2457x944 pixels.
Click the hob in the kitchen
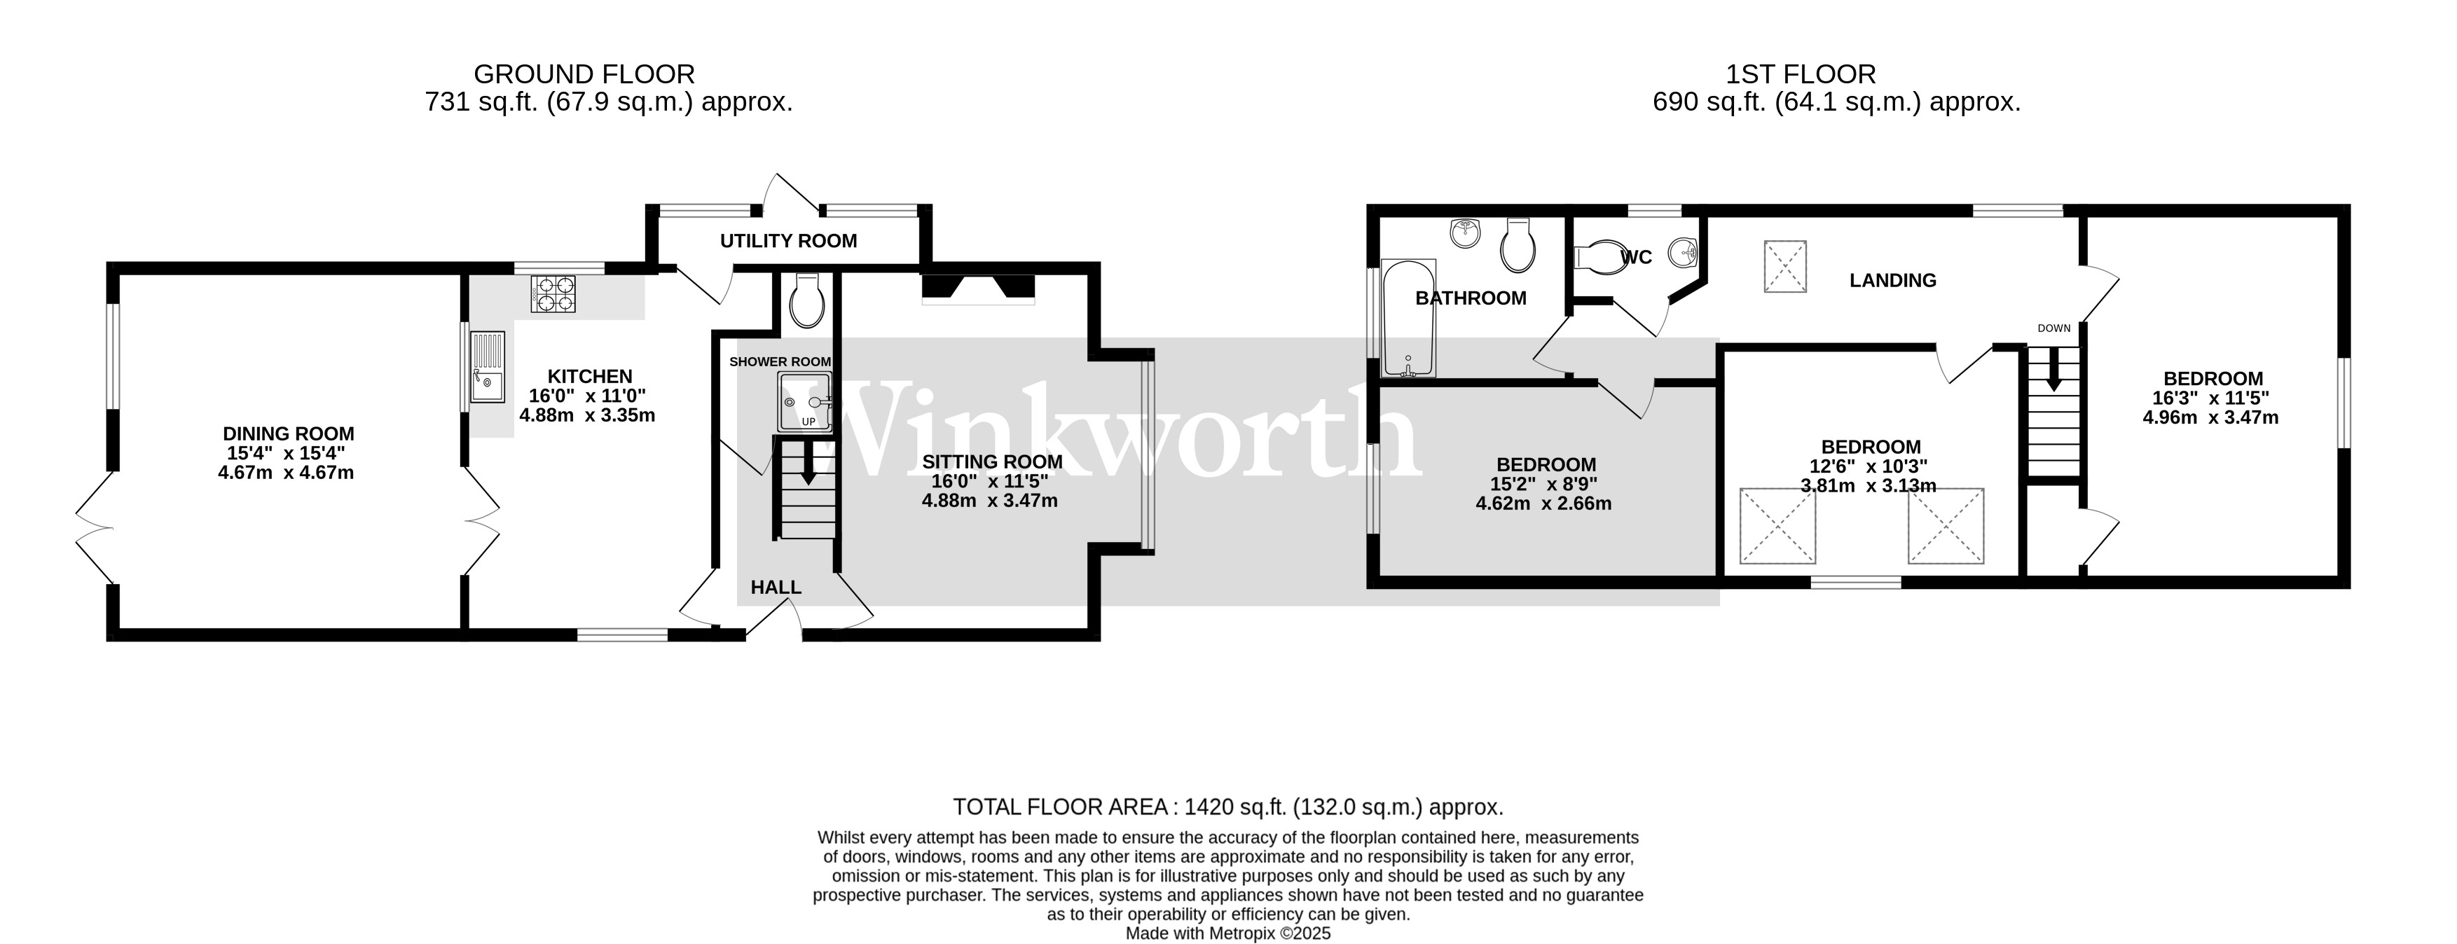pos(554,293)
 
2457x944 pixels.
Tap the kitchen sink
pos(486,366)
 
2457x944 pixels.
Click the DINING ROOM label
pos(289,434)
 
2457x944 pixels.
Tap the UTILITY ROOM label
pos(789,241)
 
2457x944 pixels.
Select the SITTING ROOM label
pos(992,462)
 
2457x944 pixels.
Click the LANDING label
pos(1893,280)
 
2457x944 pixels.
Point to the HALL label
pos(776,588)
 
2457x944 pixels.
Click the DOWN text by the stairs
pos(2054,328)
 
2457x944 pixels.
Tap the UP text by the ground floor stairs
pos(808,422)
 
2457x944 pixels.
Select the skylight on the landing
pos(1786,266)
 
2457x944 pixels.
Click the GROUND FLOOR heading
pos(585,74)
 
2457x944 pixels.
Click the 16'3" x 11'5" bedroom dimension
pos(2211,398)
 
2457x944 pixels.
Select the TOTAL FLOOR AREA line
pos(1229,807)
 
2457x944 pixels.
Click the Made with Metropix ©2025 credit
pos(1229,933)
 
